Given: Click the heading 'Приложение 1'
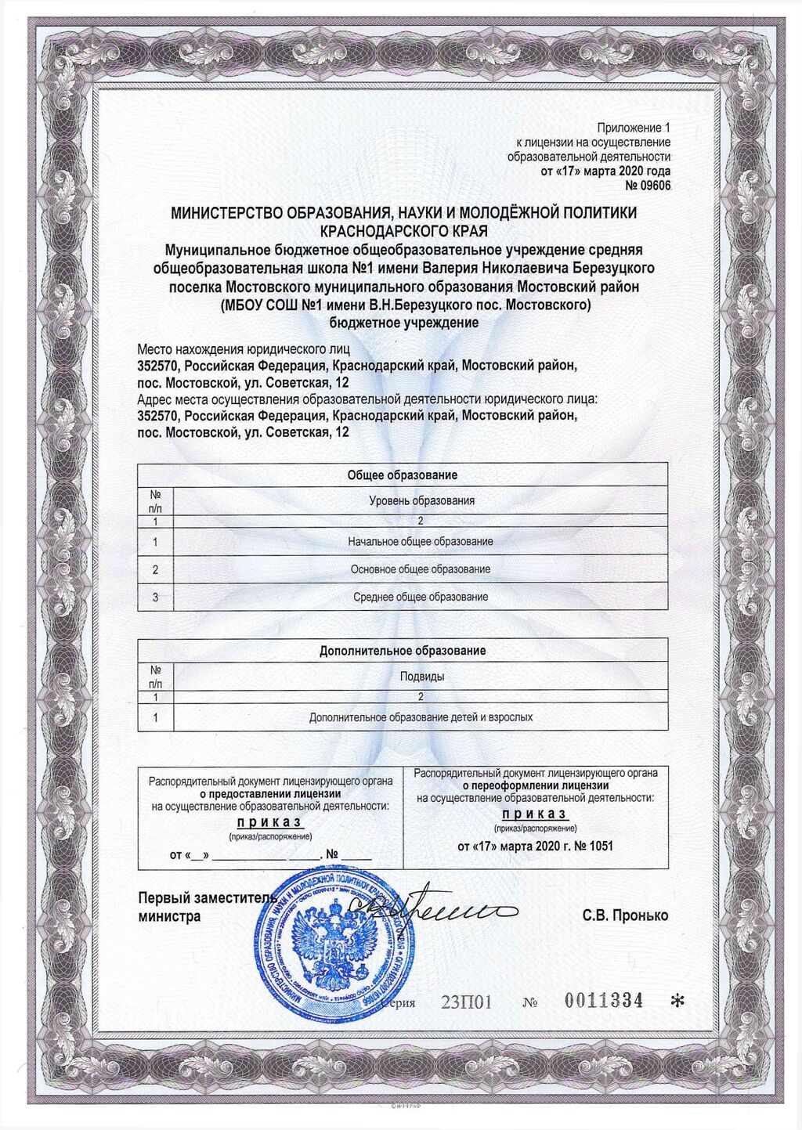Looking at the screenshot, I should [634, 128].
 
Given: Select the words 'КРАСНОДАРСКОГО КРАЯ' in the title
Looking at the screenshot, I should [403, 231].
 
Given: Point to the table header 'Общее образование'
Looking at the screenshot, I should [402, 475].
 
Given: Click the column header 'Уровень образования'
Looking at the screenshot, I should [421, 500].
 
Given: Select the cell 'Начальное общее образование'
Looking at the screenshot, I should [421, 542].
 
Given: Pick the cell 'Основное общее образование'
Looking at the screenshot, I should [421, 569].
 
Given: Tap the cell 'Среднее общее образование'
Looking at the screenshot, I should [421, 597].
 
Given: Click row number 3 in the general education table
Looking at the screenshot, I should [155, 597].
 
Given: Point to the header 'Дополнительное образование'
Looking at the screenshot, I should [402, 651].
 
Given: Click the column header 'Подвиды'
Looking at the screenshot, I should [422, 676].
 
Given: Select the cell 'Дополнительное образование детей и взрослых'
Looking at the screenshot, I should [421, 717].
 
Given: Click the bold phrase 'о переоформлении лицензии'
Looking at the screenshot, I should [535, 785].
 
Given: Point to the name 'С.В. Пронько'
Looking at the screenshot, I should [625, 915].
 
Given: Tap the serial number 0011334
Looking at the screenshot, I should [604, 1000].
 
